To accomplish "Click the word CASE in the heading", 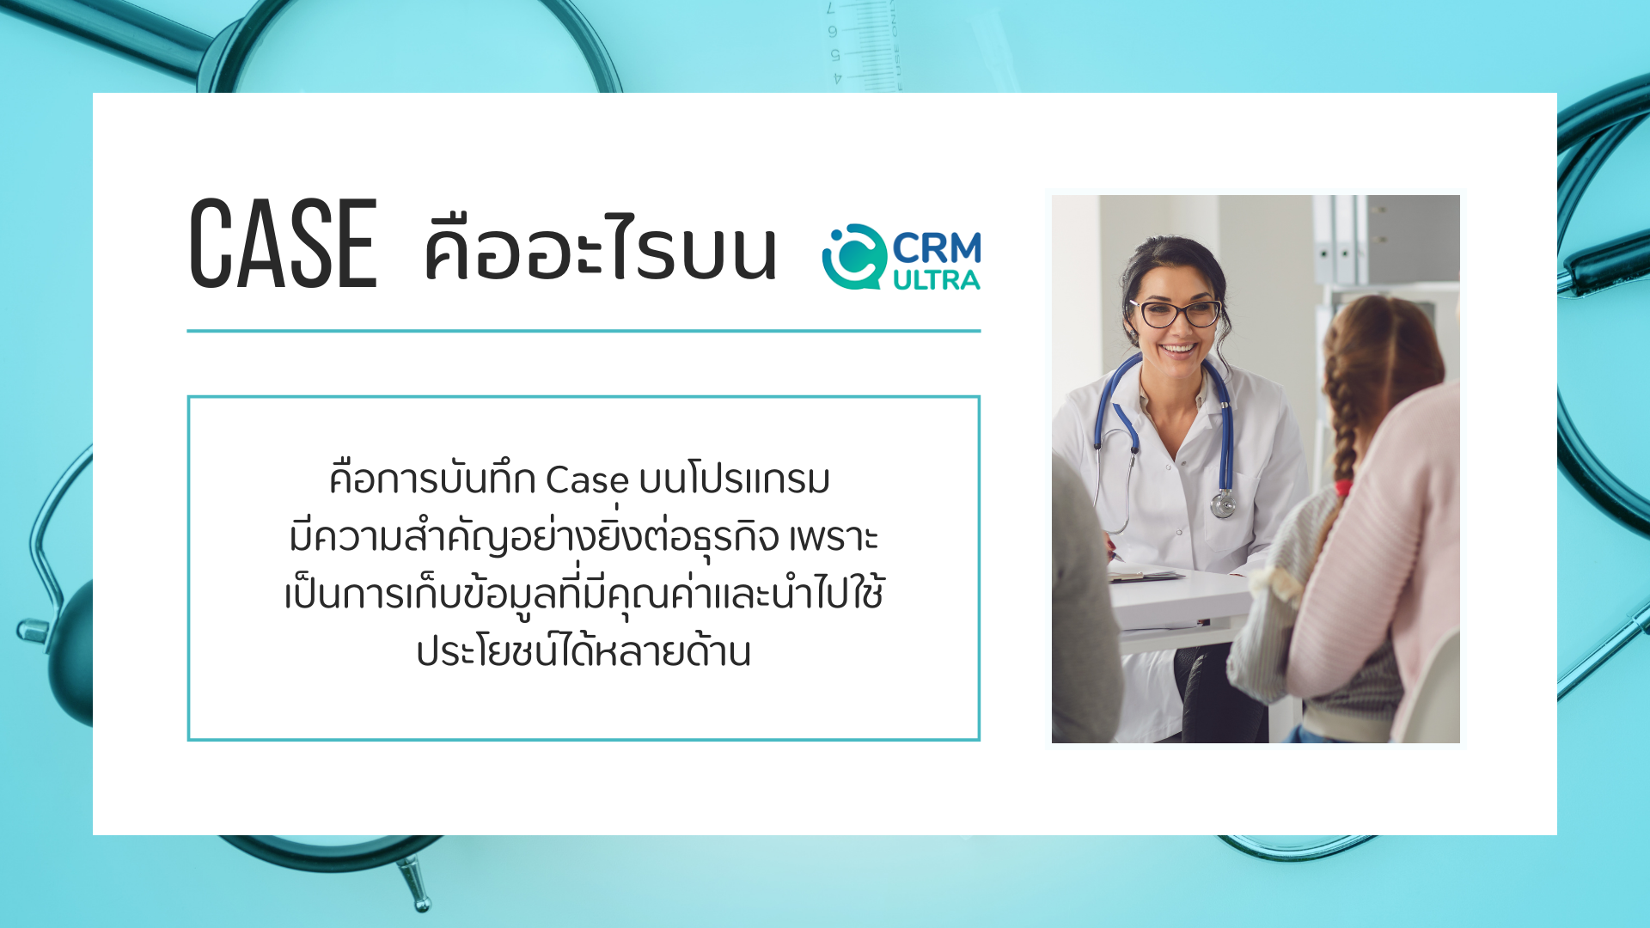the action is point(283,243).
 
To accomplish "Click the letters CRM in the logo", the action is point(937,248).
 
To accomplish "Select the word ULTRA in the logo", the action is point(937,280).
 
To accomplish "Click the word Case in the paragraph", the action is point(587,479).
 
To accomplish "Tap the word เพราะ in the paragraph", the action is point(834,538).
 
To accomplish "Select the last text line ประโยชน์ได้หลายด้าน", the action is point(584,651).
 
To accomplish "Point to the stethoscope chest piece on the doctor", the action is point(1223,504).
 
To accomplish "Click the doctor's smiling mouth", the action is point(1177,351).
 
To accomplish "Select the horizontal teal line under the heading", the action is point(584,330).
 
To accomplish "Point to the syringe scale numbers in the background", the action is point(834,43).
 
